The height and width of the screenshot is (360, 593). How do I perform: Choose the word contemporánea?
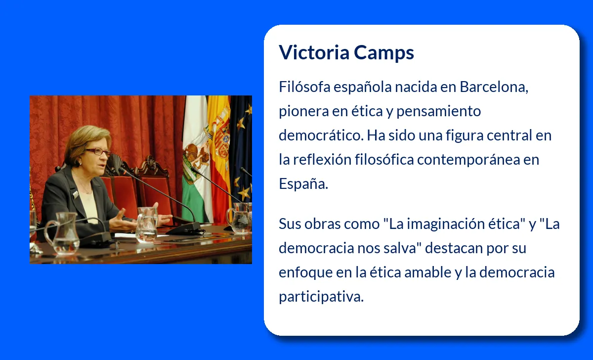click(469, 160)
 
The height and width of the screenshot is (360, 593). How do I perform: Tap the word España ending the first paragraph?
click(303, 184)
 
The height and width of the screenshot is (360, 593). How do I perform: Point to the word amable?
click(426, 272)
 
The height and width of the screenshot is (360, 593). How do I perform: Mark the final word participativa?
click(321, 297)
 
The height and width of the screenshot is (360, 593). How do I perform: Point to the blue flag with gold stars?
click(242, 148)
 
